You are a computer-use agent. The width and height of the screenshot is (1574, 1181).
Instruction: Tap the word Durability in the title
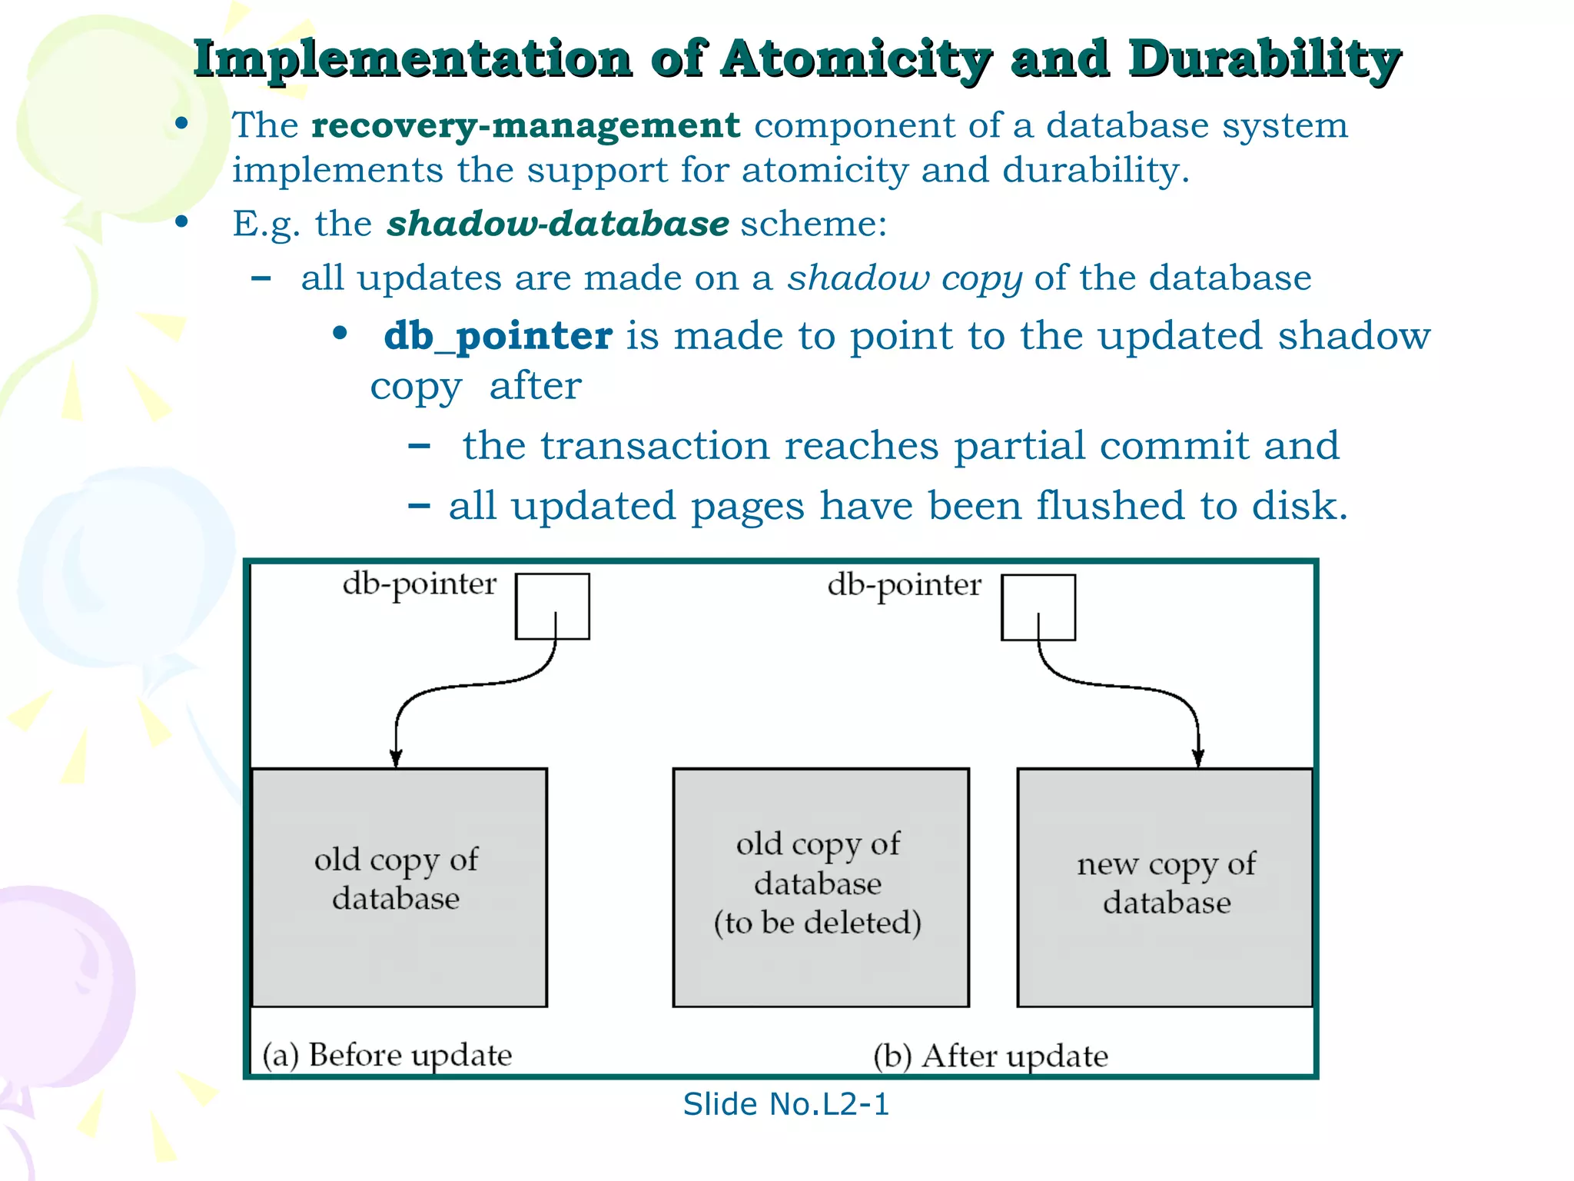[x=1265, y=60]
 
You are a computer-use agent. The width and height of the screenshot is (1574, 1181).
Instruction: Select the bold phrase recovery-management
[x=526, y=125]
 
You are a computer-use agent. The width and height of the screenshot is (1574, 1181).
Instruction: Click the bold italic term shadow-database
[x=558, y=224]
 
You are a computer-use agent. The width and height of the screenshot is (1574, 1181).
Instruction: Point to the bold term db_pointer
[x=498, y=336]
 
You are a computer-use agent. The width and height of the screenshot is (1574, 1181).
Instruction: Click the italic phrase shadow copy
[x=905, y=278]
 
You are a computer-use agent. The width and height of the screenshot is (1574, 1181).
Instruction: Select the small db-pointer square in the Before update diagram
[x=552, y=606]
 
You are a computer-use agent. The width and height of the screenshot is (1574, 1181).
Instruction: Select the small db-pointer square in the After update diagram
[x=1038, y=607]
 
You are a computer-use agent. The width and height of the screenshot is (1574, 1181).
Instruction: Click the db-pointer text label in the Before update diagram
[x=420, y=584]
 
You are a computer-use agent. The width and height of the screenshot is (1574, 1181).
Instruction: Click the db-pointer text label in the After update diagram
[x=905, y=585]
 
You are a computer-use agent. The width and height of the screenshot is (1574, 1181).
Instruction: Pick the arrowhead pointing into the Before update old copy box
[x=396, y=758]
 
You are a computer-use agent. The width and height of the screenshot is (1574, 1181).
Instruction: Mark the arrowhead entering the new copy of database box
[x=1197, y=757]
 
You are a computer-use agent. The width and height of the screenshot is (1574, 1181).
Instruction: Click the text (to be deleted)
[x=818, y=923]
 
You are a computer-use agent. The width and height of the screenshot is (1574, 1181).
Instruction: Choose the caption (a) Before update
[x=387, y=1055]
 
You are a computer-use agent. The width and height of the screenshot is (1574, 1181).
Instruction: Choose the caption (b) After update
[x=991, y=1056]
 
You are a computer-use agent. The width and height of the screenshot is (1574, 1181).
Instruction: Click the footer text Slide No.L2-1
[x=785, y=1104]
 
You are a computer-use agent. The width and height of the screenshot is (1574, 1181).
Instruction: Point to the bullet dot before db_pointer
[x=340, y=334]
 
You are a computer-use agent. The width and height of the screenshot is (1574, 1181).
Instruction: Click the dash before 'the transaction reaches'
[x=419, y=445]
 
